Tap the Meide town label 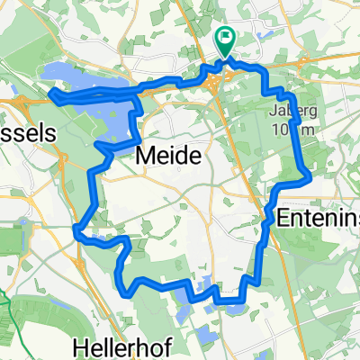pos(166,157)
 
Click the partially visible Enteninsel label pos(319,217)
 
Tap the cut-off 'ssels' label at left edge pos(27,131)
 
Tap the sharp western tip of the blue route pos(49,94)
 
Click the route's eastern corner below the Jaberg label pos(310,177)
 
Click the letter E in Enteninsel pos(285,217)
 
